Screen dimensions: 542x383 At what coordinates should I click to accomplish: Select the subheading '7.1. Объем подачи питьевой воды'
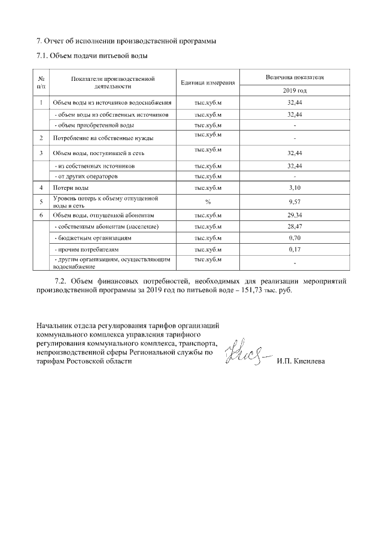92,56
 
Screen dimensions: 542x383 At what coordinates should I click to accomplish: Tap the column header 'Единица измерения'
207,83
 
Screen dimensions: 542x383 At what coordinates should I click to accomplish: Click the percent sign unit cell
208,202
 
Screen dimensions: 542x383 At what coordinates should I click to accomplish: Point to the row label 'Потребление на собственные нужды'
103,138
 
